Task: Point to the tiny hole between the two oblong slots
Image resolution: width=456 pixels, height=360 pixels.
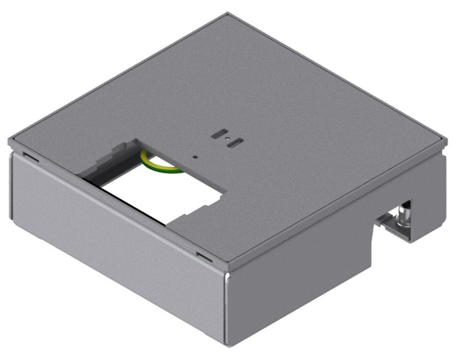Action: [226, 138]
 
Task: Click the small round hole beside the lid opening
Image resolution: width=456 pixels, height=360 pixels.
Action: [195, 155]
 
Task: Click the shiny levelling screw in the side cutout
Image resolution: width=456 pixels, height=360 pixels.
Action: [406, 211]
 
